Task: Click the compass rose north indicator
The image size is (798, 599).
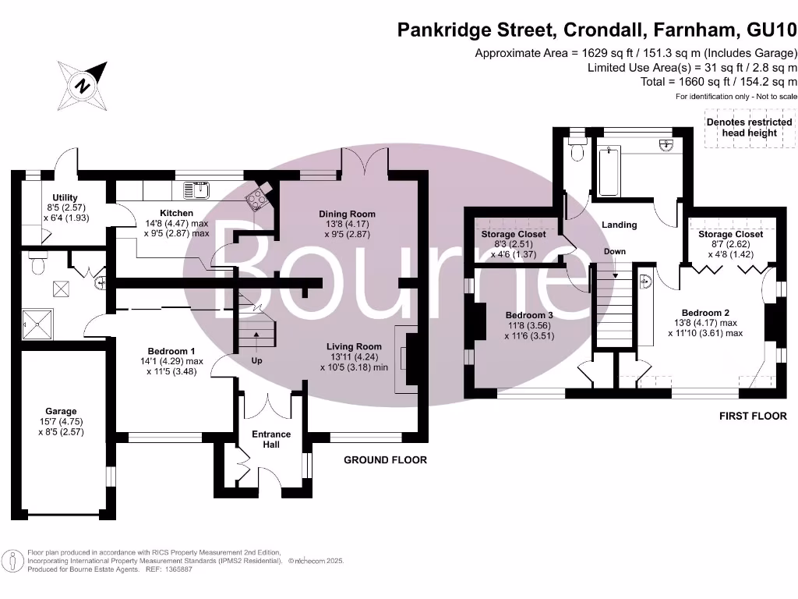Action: click(81, 85)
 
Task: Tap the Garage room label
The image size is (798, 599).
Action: click(61, 411)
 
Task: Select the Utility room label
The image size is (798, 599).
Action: click(65, 197)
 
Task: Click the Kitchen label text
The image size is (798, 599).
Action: click(176, 213)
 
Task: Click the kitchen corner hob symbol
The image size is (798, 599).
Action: click(257, 198)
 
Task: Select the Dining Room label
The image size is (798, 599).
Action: click(347, 214)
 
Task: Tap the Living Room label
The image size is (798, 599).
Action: click(354, 346)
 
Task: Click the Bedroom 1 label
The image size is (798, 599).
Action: click(171, 350)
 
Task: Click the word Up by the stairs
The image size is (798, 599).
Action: click(256, 361)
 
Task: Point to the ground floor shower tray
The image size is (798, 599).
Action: click(35, 320)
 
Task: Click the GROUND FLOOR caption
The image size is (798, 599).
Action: click(385, 460)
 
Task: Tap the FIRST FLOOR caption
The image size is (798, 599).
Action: click(752, 416)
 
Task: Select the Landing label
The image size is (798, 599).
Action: click(620, 225)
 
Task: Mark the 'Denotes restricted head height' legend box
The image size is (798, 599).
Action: click(749, 128)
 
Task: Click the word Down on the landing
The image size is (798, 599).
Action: click(615, 252)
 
